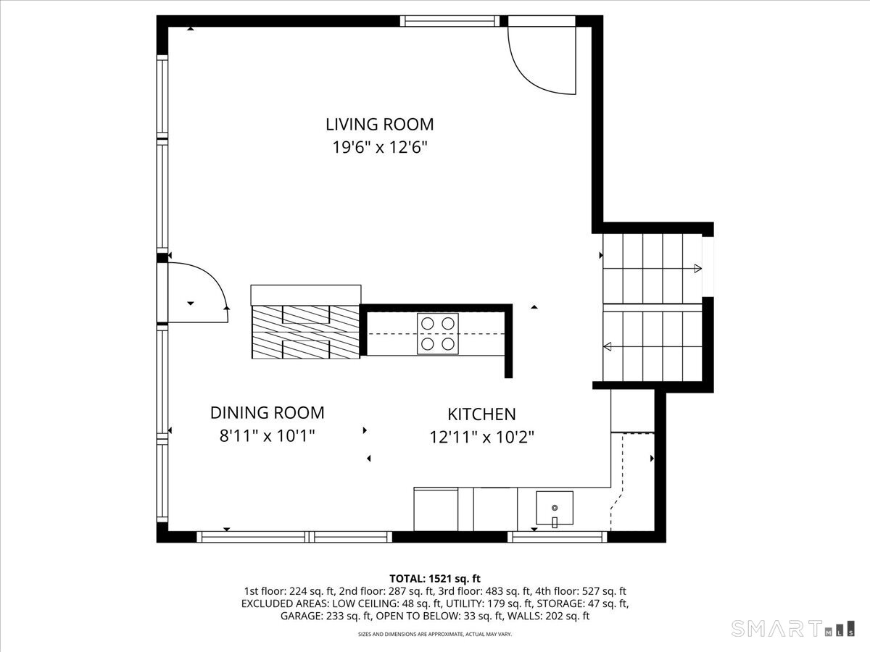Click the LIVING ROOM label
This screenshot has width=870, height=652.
380,125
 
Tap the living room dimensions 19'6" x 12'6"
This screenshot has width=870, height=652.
380,148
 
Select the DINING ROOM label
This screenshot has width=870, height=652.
267,412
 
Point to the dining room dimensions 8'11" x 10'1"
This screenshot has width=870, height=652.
267,436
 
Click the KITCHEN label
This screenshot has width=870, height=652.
481,414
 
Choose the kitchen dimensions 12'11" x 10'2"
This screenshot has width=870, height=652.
481,438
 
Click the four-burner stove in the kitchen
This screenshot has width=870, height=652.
438,334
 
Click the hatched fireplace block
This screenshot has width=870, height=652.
306,332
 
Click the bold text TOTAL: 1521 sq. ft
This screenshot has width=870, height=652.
435,579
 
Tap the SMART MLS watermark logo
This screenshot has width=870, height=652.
792,628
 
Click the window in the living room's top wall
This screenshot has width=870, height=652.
449,21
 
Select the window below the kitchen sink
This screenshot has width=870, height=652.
558,537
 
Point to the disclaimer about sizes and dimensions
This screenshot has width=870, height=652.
435,634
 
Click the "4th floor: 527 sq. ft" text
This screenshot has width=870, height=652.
580,591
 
